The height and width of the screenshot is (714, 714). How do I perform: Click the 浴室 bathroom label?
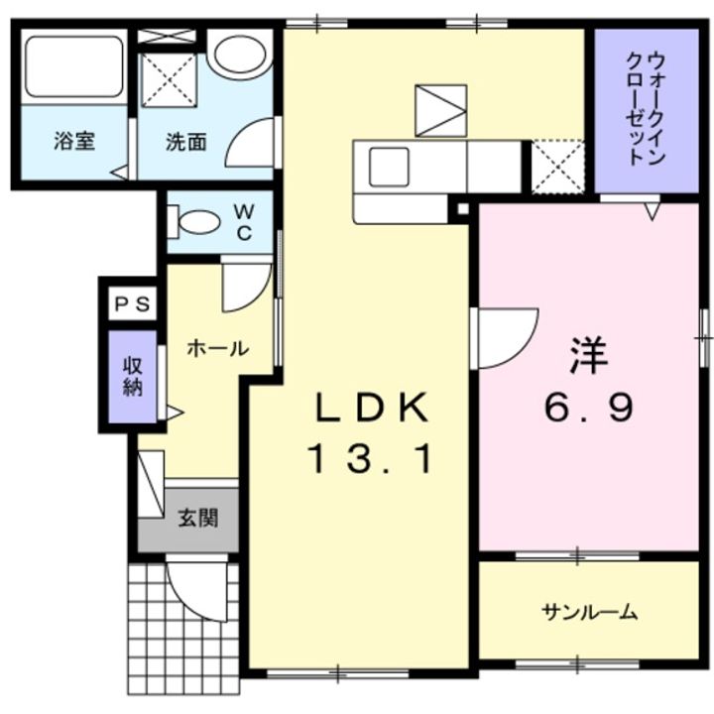[x=74, y=140]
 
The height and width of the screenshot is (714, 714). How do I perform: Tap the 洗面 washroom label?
[x=185, y=141]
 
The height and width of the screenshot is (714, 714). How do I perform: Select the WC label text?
[x=244, y=220]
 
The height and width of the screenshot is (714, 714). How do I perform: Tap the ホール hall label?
[x=217, y=348]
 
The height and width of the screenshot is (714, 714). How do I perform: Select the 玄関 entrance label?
[x=198, y=517]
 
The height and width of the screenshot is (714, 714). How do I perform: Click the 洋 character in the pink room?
[x=587, y=356]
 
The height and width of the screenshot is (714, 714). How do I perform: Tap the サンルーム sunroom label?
[x=589, y=612]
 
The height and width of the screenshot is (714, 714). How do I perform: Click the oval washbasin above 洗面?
[x=239, y=56]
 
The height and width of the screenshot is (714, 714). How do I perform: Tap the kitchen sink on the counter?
[x=390, y=166]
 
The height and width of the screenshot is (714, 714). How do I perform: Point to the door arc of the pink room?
[x=508, y=338]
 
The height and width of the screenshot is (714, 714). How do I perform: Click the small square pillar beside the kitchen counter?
[x=461, y=209]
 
